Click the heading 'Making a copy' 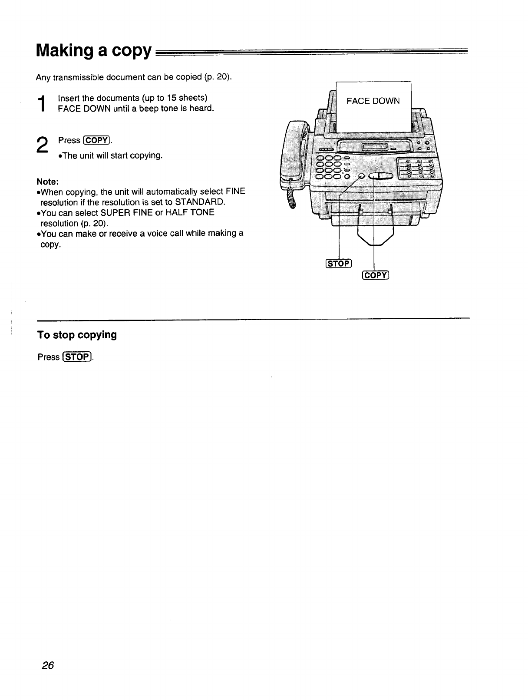[94, 51]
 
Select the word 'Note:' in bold [47, 181]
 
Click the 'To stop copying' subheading [77, 335]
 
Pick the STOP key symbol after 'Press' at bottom [77, 357]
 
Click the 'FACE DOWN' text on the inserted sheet [373, 101]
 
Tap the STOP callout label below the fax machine [339, 264]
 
